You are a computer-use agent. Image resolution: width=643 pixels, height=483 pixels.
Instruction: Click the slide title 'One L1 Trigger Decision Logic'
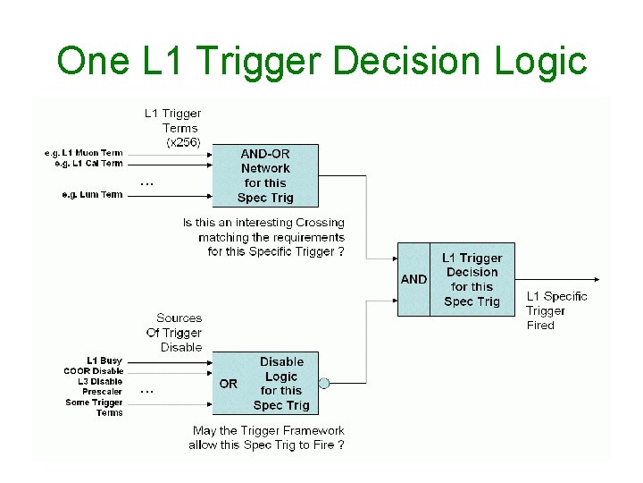point(321,61)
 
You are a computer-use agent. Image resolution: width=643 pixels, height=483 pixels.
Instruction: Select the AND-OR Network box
point(265,175)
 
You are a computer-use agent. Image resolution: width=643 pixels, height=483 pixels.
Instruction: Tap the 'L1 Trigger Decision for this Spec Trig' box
point(472,279)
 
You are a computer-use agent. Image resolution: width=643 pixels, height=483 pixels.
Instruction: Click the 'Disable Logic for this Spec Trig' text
point(281,383)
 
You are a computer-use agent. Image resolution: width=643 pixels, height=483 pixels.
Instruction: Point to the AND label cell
point(413,279)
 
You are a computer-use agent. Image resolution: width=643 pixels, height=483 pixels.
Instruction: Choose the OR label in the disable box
point(229,384)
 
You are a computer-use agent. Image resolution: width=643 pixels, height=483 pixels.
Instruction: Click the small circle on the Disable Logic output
point(324,384)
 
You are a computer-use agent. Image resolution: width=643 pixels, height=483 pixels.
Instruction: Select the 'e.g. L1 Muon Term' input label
point(83,153)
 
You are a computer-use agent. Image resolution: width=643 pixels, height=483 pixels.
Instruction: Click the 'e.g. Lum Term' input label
point(92,194)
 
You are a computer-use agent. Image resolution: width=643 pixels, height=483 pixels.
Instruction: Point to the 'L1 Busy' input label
point(104,360)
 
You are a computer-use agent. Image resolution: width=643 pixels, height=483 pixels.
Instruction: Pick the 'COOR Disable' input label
point(93,371)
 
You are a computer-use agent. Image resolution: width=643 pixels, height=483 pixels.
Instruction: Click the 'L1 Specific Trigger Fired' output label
point(555,310)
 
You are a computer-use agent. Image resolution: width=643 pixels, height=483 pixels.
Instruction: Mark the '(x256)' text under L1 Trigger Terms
point(183,142)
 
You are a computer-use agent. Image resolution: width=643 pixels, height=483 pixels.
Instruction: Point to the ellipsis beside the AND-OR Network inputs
point(147,184)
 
